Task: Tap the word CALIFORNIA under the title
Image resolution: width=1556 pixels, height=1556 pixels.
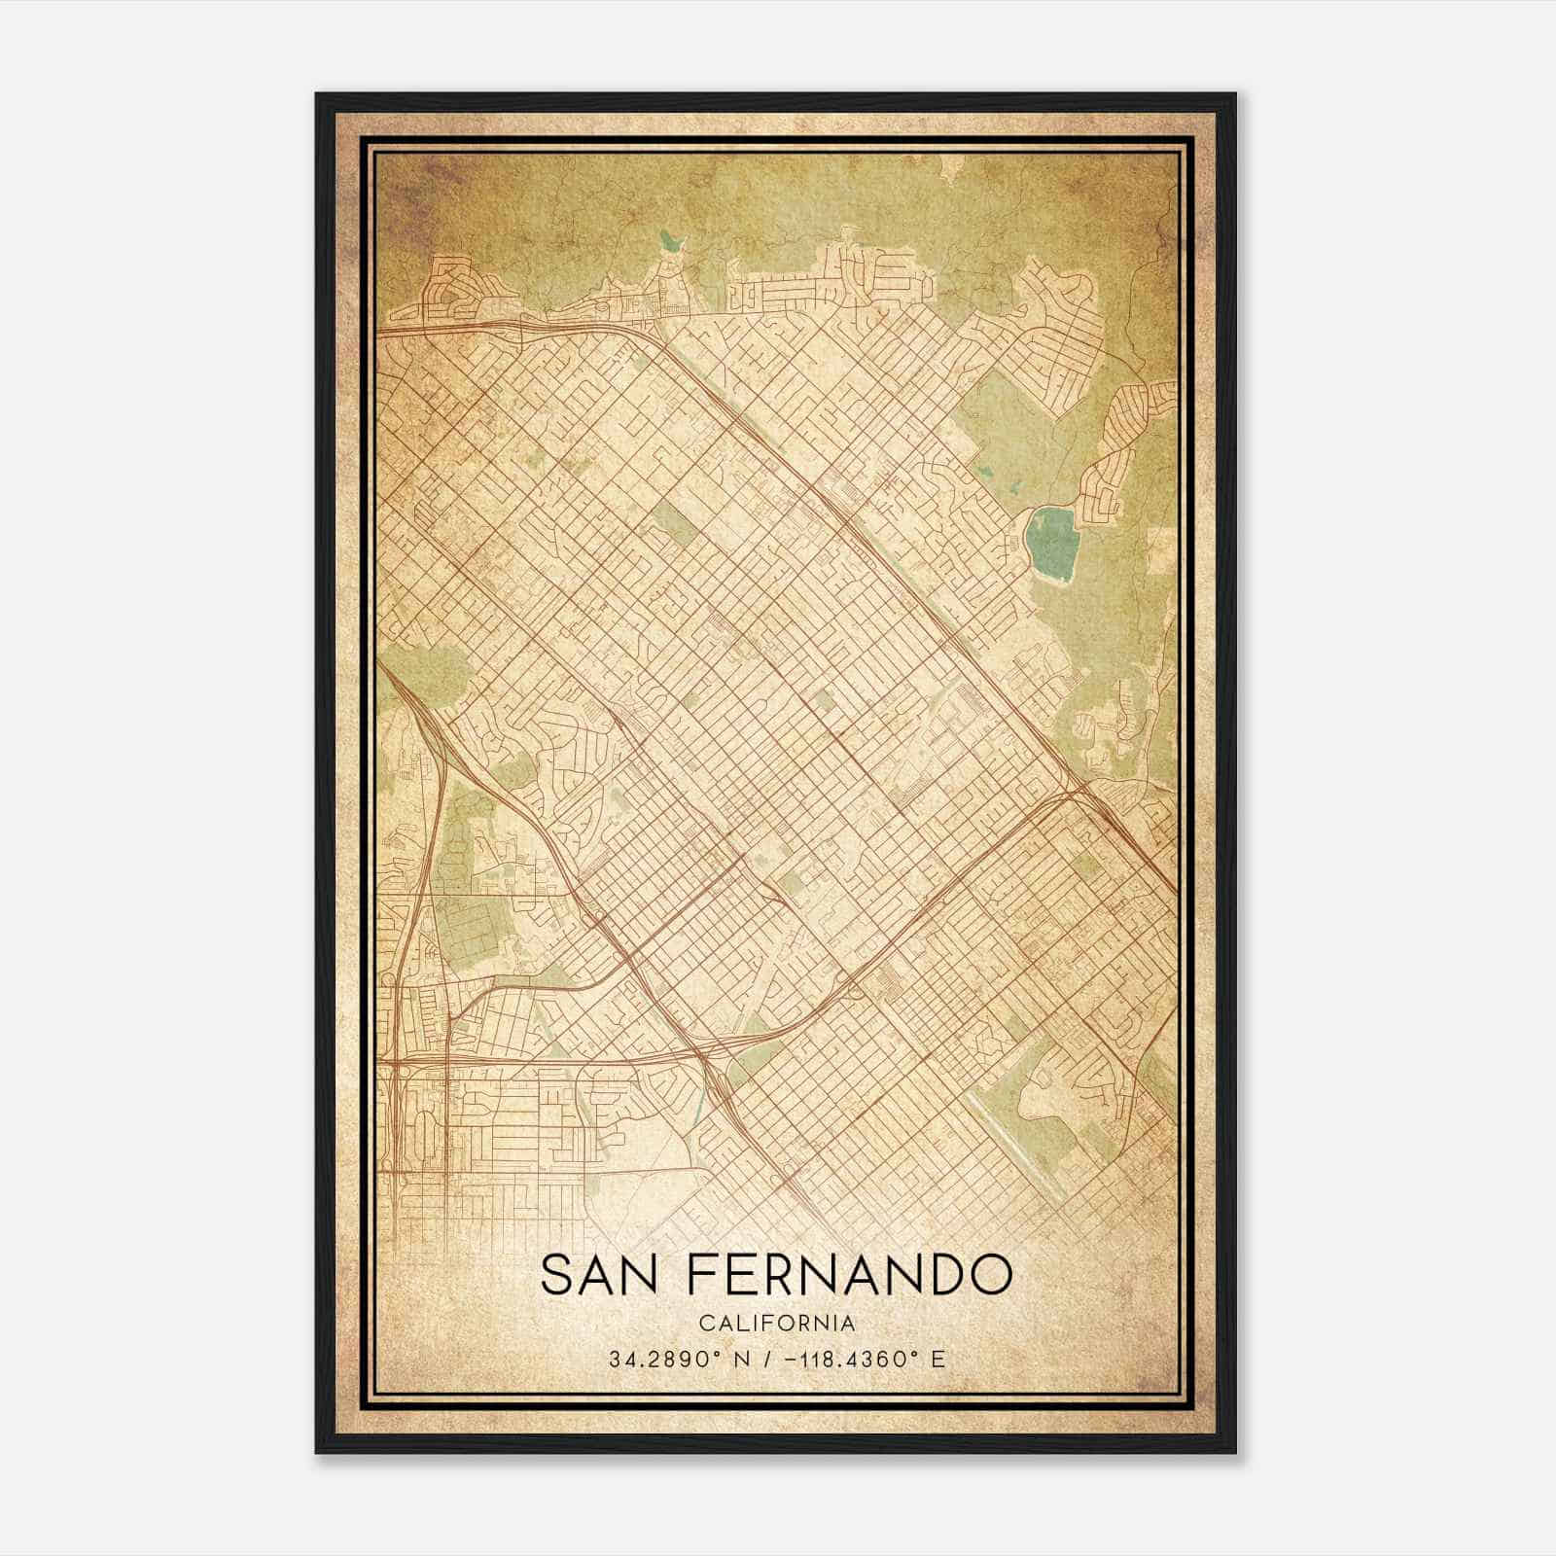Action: [x=777, y=1324]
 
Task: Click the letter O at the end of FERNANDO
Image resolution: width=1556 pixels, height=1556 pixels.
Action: [x=990, y=1274]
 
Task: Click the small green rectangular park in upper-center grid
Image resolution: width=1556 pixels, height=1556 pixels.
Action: [x=668, y=523]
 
